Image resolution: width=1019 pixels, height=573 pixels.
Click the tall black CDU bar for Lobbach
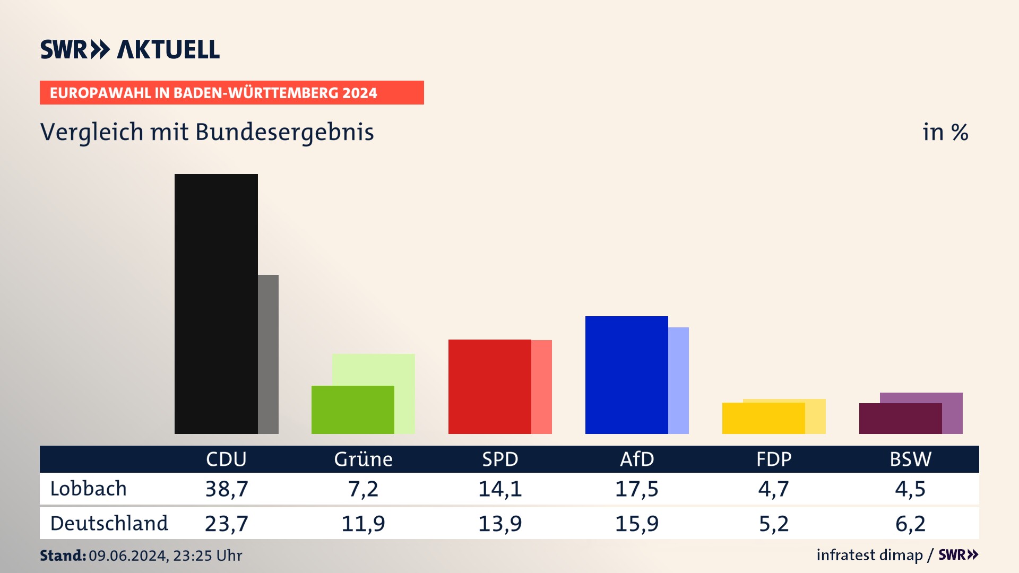(216, 303)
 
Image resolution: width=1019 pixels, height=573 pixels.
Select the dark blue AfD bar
(626, 375)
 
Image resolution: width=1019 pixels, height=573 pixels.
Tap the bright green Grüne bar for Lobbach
(352, 410)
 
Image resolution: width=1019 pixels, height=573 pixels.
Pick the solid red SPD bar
(489, 386)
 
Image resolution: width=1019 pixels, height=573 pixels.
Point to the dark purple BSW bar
(900, 419)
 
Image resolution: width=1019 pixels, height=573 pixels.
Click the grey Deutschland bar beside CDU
(268, 354)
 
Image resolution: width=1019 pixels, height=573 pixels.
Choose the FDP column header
(773, 459)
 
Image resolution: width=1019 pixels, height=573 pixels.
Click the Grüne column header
(363, 459)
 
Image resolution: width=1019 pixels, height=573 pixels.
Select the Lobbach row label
(89, 489)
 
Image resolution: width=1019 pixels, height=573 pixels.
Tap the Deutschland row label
(109, 524)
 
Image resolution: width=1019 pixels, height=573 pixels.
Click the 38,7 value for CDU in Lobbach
(227, 489)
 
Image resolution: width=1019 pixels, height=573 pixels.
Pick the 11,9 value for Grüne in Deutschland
(363, 524)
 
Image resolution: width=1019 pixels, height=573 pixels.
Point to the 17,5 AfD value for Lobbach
(636, 489)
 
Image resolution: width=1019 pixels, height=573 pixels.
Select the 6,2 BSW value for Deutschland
(910, 524)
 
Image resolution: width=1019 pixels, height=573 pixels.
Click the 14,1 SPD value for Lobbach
(500, 489)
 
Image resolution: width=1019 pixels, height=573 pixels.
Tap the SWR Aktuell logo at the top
(130, 49)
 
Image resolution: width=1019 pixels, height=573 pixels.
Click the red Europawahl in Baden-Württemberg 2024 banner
(231, 93)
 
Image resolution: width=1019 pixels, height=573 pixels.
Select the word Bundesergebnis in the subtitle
(284, 132)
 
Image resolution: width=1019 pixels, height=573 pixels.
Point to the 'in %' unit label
(945, 132)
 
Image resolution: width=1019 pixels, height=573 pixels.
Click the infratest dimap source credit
(869, 555)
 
